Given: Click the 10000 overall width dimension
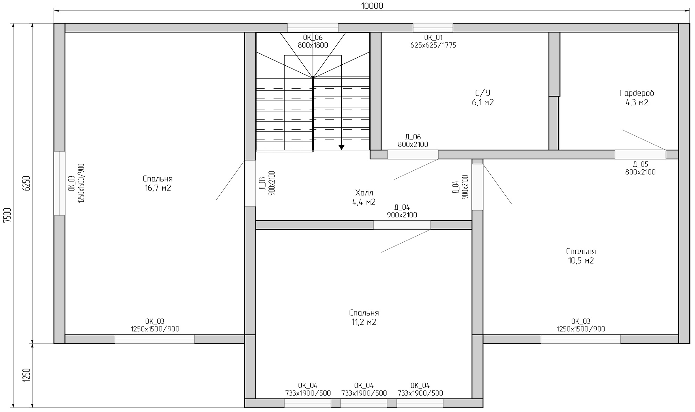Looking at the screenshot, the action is (x=372, y=6).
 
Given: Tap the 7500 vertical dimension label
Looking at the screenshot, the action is (x=7, y=215).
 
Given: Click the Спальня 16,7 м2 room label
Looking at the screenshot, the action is (x=158, y=183).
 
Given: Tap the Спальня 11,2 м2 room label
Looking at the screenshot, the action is (x=364, y=317).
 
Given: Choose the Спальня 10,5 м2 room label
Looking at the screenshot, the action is (x=581, y=256).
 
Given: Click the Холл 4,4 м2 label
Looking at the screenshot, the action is (x=364, y=197).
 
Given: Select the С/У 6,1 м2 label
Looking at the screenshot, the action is (x=483, y=98).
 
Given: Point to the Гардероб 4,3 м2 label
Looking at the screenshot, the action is (x=637, y=98).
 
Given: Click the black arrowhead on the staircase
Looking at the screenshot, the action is (x=341, y=147).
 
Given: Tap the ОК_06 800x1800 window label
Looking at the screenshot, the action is (x=313, y=41).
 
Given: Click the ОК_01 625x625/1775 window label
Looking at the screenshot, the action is (x=433, y=41).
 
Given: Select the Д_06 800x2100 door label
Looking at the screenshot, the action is (x=413, y=140).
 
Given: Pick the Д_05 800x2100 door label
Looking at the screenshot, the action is (x=640, y=168).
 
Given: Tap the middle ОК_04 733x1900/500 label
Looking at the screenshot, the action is (x=364, y=389).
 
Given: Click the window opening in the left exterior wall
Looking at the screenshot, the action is (x=59, y=183).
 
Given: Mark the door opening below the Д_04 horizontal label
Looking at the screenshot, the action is (x=402, y=225).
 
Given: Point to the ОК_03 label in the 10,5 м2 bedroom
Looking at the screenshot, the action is (x=581, y=325).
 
